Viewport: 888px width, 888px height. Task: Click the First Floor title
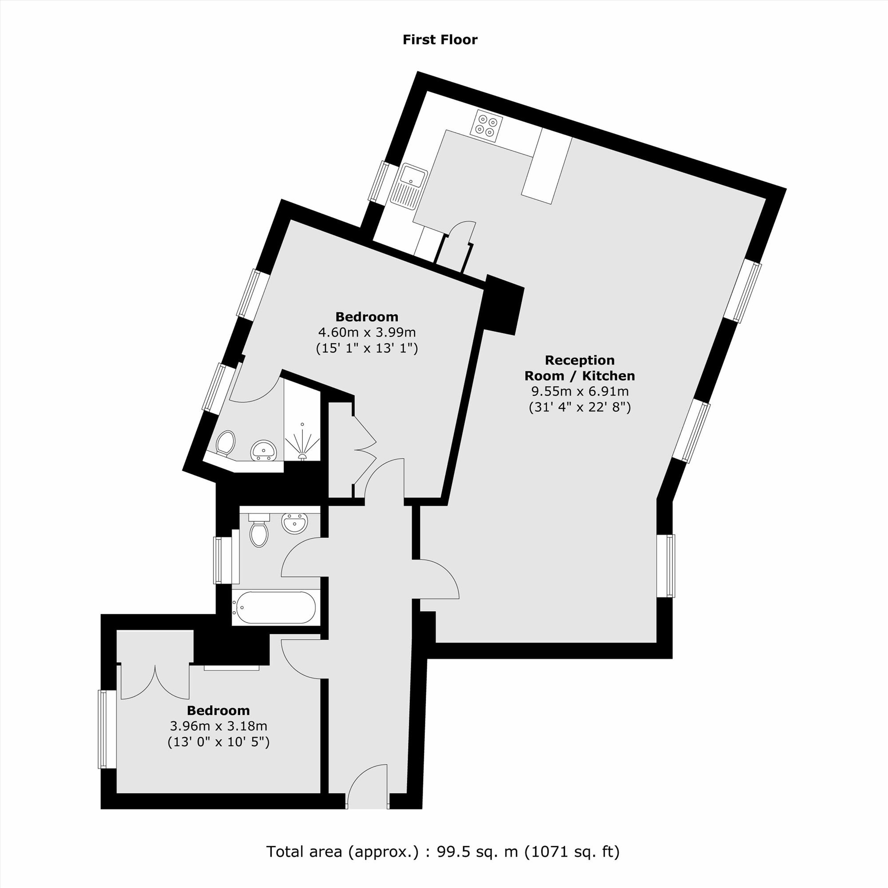pyautogui.click(x=440, y=40)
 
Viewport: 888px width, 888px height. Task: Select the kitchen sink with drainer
pyautogui.click(x=409, y=183)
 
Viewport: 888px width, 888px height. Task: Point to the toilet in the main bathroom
pyautogui.click(x=259, y=531)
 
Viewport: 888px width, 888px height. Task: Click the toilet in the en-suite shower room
pyautogui.click(x=225, y=443)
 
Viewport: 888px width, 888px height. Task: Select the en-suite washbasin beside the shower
pyautogui.click(x=263, y=450)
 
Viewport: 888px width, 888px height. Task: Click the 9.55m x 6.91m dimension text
pyautogui.click(x=579, y=392)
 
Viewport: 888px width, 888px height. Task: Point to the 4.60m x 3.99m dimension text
pyautogui.click(x=367, y=332)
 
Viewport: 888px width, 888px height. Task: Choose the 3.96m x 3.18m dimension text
pyautogui.click(x=218, y=726)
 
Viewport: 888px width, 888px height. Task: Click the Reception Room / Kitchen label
pyautogui.click(x=579, y=368)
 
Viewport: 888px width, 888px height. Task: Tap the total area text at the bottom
pyautogui.click(x=443, y=852)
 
